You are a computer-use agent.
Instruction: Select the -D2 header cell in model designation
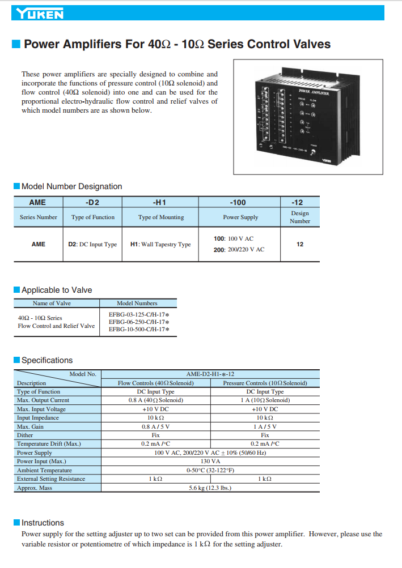point(93,202)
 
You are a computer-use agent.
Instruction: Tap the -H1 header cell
point(160,202)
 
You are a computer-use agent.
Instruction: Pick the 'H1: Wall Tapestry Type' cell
point(160,245)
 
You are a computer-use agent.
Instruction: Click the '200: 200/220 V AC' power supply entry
point(239,250)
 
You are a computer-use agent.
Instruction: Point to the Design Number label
point(300,217)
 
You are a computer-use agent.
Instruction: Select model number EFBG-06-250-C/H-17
point(139,322)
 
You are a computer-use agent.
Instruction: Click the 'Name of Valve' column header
point(52,304)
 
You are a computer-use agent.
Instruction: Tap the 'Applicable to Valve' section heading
point(57,290)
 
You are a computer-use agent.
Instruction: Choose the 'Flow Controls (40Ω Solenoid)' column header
point(156,383)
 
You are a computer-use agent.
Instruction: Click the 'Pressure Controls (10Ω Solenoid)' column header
point(265,383)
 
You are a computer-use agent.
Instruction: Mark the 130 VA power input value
point(210,462)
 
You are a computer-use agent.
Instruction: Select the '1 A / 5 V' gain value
point(265,426)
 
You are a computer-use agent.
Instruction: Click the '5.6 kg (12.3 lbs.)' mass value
point(210,488)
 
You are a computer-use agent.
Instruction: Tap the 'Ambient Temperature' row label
point(45,470)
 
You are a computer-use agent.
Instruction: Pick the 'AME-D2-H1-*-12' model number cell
point(210,374)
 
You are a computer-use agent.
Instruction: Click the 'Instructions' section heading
point(43,523)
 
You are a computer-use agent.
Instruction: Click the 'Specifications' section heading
point(47,360)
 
